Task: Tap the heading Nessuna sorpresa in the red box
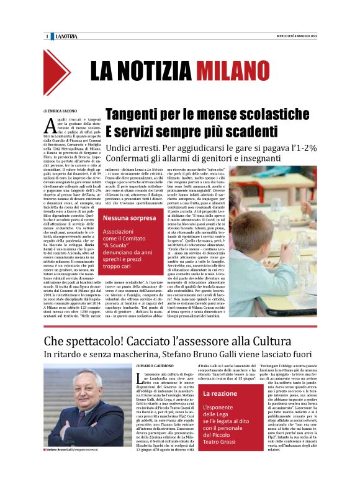coord(130,219)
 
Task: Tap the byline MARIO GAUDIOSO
coord(161,368)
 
